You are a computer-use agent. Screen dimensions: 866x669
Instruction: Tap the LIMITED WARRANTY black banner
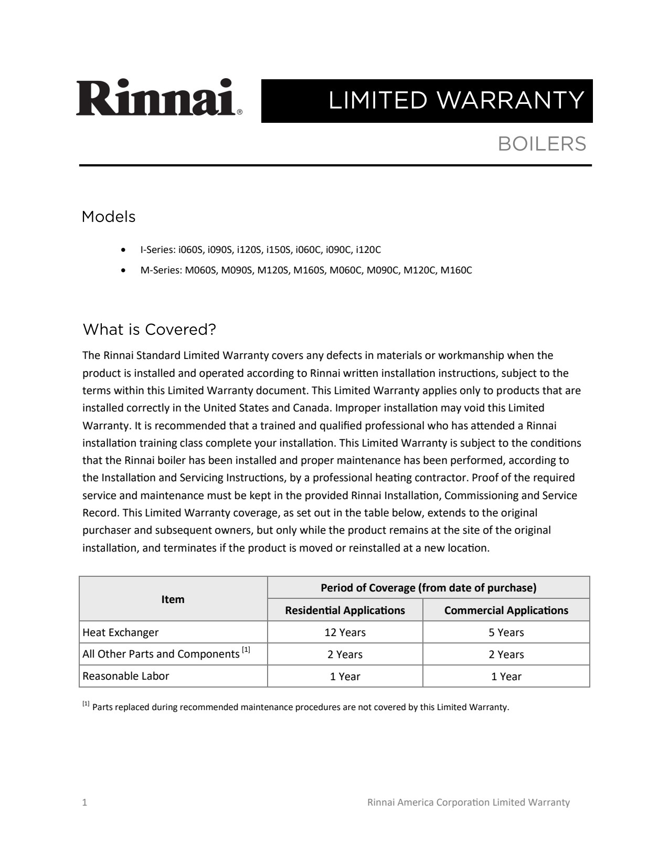[427, 101]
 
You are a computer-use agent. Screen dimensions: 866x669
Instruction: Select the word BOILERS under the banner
[541, 144]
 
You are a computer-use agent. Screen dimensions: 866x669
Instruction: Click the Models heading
[109, 217]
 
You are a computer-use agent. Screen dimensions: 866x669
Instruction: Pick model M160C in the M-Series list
[456, 270]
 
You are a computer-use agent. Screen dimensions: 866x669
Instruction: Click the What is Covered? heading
[150, 330]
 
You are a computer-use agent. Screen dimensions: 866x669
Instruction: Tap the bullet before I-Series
[123, 250]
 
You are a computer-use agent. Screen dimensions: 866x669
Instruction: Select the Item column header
[173, 599]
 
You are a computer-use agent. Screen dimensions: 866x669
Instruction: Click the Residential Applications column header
[345, 610]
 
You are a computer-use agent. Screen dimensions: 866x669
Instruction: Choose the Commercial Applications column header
[506, 610]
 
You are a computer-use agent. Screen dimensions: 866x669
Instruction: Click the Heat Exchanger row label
[121, 632]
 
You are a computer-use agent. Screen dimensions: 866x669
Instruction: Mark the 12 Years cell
[345, 632]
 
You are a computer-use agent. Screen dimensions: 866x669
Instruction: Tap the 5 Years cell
[506, 632]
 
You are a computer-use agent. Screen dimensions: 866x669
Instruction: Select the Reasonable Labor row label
[126, 676]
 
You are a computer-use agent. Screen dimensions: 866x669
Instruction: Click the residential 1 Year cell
[345, 677]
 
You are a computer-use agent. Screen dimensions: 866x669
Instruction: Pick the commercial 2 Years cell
[506, 654]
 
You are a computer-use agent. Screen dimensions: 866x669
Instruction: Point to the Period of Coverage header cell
[428, 588]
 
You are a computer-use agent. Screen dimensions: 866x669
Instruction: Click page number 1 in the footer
[85, 802]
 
